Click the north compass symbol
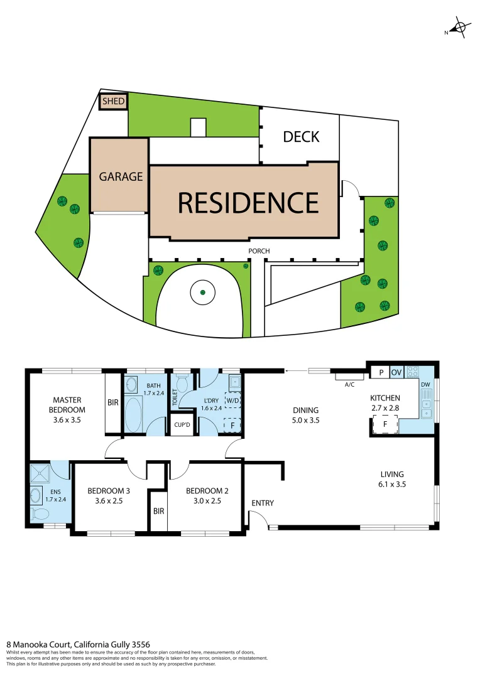click(460, 28)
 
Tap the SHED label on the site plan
click(114, 101)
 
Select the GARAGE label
click(121, 176)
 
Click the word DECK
click(301, 136)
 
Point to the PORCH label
click(259, 251)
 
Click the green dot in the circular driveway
click(202, 292)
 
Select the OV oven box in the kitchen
click(396, 372)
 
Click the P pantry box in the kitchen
click(380, 372)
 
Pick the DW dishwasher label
click(425, 385)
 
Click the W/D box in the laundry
click(232, 400)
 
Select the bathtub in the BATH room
click(134, 415)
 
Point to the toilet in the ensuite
click(39, 514)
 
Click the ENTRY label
click(262, 503)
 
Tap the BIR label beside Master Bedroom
click(113, 403)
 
